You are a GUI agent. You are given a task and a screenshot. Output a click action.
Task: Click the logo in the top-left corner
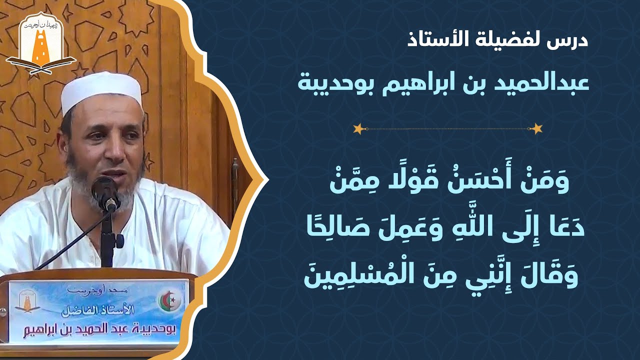pos(40,42)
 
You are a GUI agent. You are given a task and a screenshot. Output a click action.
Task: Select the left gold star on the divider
pos(358,129)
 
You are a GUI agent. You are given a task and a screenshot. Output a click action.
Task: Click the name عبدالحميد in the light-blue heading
pos(550,83)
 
